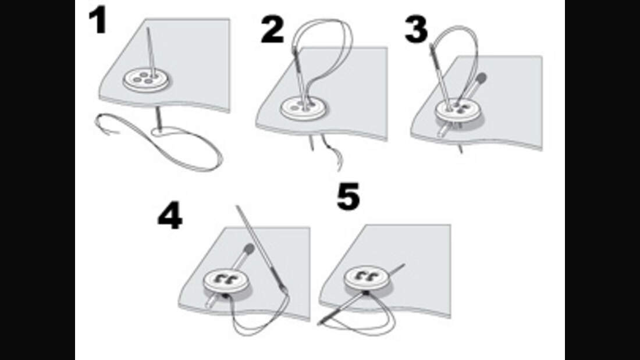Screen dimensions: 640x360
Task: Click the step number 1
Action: tap(98, 20)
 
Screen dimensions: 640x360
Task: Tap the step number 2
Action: tap(272, 30)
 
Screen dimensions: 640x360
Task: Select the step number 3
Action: tap(417, 30)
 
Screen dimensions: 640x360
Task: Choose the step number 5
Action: tap(348, 197)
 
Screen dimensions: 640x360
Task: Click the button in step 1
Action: tap(145, 80)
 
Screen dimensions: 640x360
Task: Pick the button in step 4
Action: tap(226, 281)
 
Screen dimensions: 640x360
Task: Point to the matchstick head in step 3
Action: tap(482, 77)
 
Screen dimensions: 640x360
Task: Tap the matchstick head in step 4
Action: tap(249, 249)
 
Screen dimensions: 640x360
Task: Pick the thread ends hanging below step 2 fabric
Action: tap(326, 151)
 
